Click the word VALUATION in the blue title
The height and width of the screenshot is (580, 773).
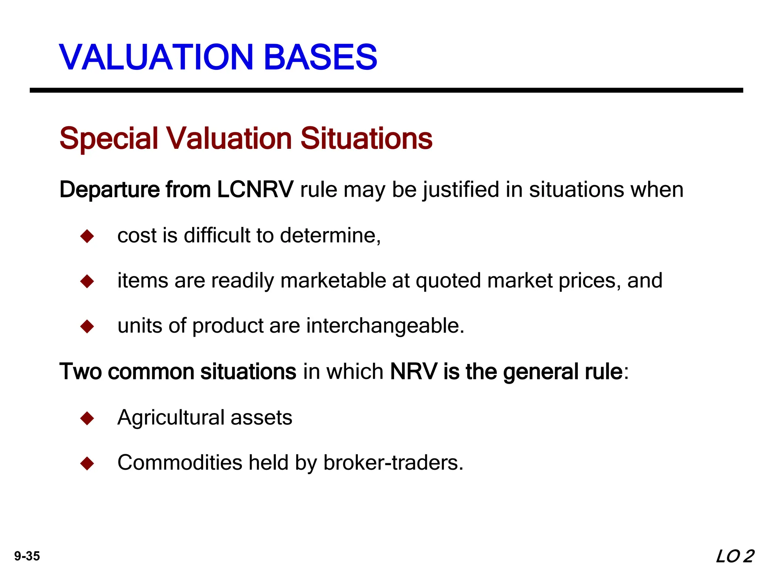[156, 57]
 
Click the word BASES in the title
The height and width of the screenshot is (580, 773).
[320, 57]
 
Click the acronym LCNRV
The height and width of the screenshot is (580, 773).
[255, 189]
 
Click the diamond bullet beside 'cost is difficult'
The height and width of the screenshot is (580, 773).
[87, 236]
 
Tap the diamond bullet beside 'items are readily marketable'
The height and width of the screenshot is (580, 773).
[87, 281]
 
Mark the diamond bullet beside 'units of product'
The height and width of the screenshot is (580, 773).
[87, 326]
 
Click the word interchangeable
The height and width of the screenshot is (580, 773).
[385, 326]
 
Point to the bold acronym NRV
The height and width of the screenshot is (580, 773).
[414, 372]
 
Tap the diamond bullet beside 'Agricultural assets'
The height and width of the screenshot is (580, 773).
[87, 418]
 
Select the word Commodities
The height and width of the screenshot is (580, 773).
[180, 463]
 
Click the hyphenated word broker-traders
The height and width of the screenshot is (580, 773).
[393, 463]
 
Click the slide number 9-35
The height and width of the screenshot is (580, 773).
[27, 556]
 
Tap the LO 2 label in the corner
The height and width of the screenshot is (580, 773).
[735, 557]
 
